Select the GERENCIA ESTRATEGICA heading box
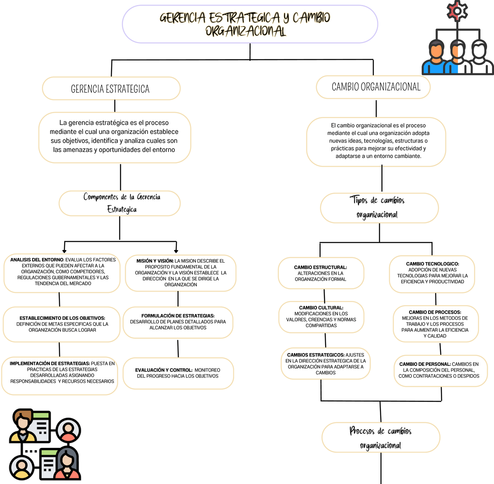pos(111,88)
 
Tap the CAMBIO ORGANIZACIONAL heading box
pos(373,87)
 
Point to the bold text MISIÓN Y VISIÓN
pos(155,261)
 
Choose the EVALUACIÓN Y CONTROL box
pos(178,373)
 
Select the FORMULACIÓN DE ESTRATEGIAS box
pos(178,322)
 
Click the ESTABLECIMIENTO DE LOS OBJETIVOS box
pos(62,324)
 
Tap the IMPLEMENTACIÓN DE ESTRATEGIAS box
pos(60,372)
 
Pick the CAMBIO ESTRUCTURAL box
pos(321,273)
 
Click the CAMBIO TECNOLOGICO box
pos(432,273)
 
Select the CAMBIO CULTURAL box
pos(321,316)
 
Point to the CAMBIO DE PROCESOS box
pos(435,324)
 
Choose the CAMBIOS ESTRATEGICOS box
pos(326,364)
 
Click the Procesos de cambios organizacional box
pos(381,437)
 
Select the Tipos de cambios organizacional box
pos(379,207)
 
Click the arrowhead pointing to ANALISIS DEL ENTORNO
pos(64,251)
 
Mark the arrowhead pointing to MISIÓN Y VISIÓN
pos(176,251)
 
